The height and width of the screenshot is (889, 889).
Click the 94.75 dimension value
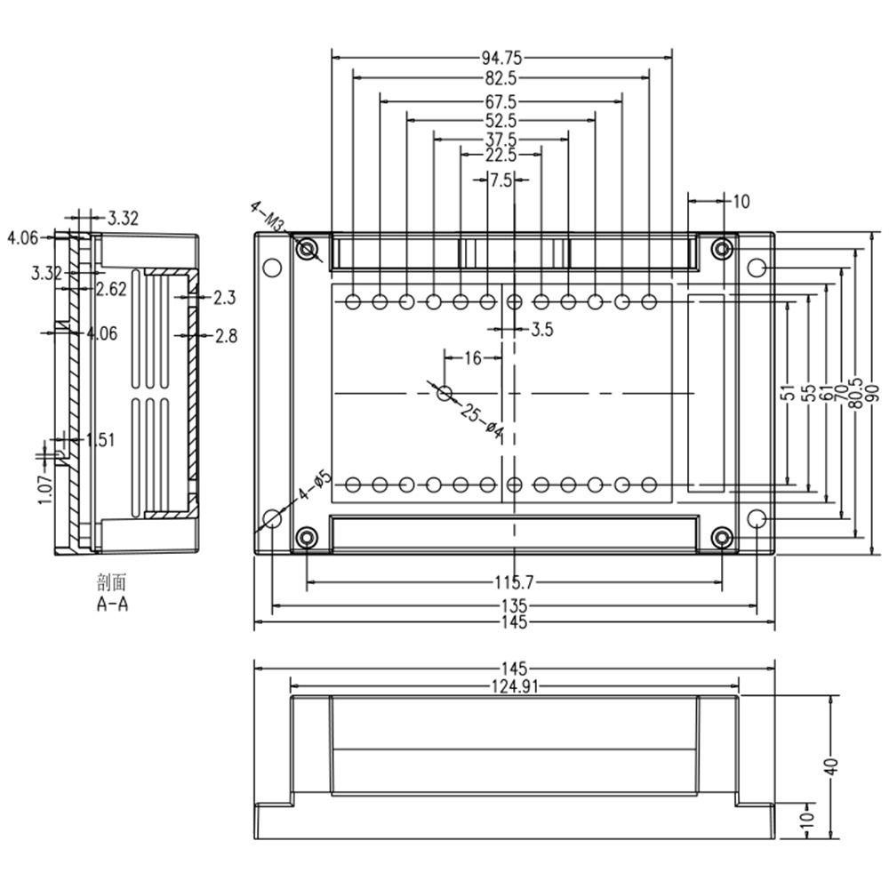pos(501,59)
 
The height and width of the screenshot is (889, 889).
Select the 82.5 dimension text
pos(501,79)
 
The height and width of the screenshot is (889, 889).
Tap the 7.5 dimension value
pos(501,180)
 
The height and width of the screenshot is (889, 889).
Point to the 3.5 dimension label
pos(542,331)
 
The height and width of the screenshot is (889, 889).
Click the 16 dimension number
pos(472,358)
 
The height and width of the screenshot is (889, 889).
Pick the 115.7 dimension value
pos(514,583)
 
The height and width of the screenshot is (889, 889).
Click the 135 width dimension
pos(514,606)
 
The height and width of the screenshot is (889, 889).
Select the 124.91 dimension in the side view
pos(514,686)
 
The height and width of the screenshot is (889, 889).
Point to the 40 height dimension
pos(831,765)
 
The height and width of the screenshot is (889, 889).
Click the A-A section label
pos(112,606)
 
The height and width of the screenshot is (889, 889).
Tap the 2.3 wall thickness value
pos(225,298)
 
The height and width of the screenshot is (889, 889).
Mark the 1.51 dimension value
pos(100,439)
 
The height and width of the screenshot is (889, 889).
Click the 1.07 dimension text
pos(44,488)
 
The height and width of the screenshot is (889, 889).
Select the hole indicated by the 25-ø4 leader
pos(445,392)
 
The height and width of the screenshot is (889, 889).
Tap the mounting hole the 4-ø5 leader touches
pos(273,518)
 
